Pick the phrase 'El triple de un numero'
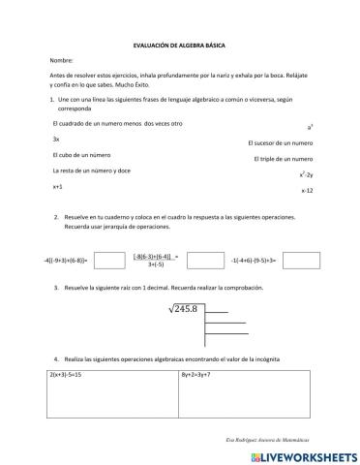tap(284, 158)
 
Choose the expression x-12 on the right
tap(307, 191)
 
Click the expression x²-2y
tap(306, 174)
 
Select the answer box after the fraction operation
tap(204, 261)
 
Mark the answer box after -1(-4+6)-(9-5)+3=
tap(300, 261)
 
